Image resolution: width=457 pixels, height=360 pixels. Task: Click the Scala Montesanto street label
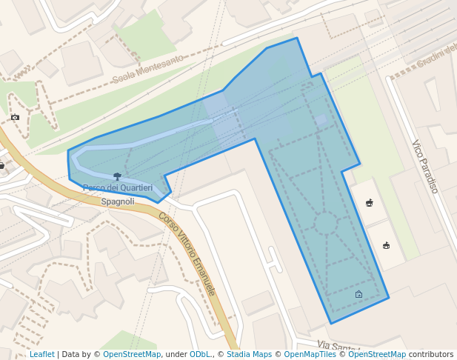(147, 69)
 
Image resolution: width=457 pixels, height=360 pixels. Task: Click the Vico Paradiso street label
(425, 167)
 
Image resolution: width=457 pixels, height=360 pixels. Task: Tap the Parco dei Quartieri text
(118, 188)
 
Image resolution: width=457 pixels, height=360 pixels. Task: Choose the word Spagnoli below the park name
(118, 201)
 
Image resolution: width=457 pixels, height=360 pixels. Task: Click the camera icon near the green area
(15, 117)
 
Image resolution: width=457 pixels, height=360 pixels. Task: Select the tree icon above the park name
(117, 176)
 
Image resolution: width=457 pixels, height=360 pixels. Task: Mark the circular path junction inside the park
(326, 223)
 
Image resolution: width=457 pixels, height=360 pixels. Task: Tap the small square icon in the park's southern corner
(358, 294)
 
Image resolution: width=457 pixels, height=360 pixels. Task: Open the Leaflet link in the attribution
(41, 355)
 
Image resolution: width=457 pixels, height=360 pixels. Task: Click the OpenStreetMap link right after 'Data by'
(132, 355)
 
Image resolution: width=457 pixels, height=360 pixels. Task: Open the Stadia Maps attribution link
(249, 355)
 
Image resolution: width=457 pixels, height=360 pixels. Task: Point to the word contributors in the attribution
(431, 355)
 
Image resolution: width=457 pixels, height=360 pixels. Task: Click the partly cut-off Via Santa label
(338, 346)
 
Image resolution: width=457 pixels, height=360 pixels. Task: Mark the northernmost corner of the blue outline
(297, 38)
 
